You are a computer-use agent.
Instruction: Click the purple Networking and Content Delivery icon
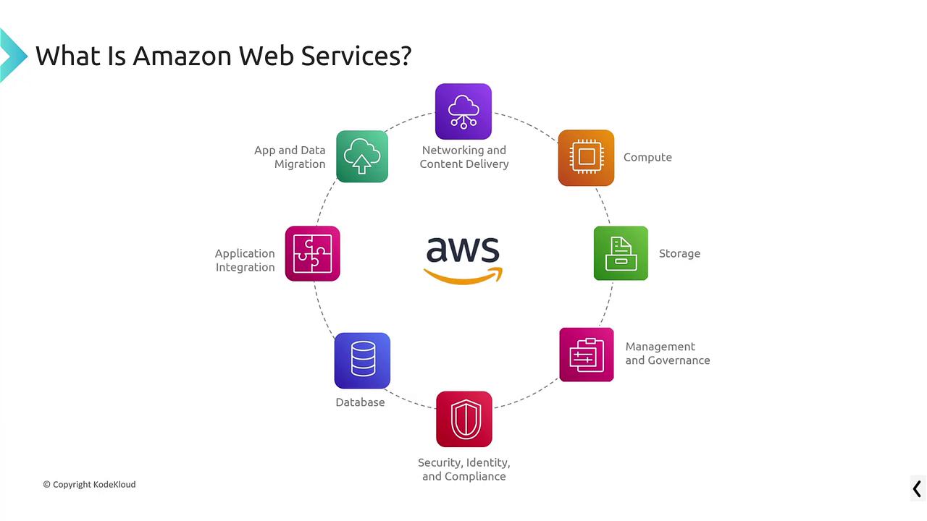463,111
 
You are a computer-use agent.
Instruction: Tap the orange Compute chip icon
586,158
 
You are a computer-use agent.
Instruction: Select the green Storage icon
621,253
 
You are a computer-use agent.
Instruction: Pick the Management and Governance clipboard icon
587,355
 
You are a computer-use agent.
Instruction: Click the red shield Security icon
464,419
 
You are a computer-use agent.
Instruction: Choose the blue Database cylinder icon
362,360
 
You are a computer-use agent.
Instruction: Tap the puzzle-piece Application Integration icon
312,253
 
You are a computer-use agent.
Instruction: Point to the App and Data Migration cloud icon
362,156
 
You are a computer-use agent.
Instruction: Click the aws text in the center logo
463,250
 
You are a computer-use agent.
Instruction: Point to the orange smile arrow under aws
463,276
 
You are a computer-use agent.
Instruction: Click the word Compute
647,158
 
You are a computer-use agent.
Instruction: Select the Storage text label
679,254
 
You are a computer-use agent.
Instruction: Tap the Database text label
360,402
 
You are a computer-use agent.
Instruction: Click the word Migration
300,164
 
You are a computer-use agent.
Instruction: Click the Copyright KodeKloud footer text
89,484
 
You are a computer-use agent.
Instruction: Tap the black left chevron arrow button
917,488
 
